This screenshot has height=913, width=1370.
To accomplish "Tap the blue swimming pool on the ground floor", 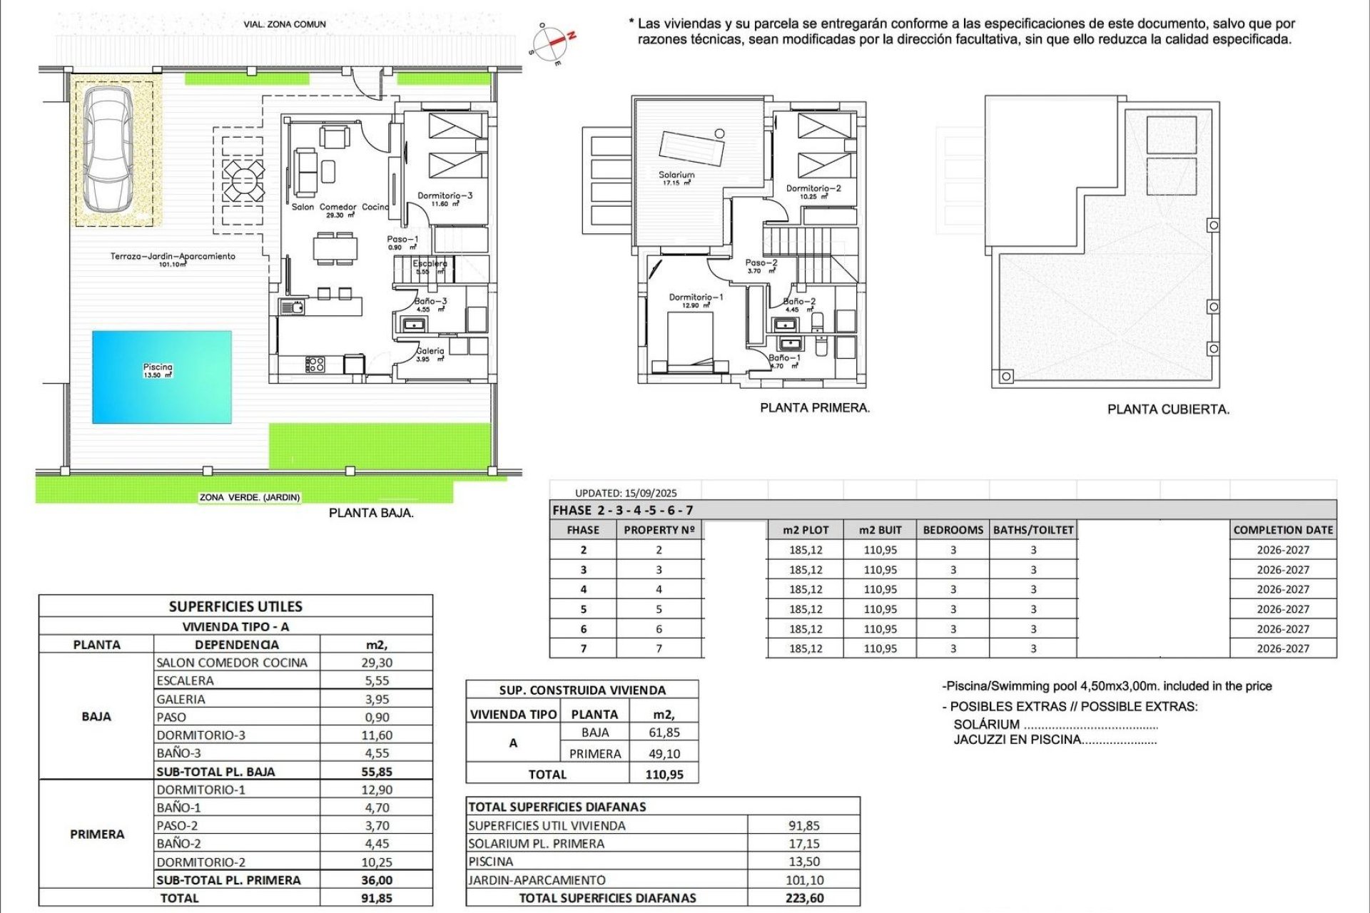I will [162, 377].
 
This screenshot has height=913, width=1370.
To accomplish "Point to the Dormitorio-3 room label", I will [445, 195].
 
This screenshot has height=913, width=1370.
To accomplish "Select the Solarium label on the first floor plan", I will [676, 175].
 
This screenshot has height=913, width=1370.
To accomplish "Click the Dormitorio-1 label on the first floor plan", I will [696, 297].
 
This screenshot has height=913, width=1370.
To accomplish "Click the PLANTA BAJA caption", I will [371, 513].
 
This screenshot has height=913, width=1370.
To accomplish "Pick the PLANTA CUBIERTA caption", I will [1168, 409].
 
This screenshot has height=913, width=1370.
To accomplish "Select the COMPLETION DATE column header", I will [1283, 530].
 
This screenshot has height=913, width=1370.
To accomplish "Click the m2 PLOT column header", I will [806, 530].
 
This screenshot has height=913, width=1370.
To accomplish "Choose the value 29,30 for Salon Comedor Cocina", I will [377, 663].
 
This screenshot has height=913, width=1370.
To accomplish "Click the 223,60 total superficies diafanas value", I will [804, 898].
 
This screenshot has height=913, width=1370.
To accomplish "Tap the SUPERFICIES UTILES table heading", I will [235, 607].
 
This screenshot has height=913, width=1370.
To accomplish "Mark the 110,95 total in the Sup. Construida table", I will [664, 775].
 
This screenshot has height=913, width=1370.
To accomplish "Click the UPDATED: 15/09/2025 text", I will [626, 493].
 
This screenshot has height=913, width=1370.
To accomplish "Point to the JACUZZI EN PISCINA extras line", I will [1055, 740].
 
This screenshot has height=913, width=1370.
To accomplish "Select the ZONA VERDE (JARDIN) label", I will [250, 497].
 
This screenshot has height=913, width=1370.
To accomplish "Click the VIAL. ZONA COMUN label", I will [285, 24].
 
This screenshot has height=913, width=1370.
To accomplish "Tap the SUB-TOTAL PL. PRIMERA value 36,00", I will [377, 880].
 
